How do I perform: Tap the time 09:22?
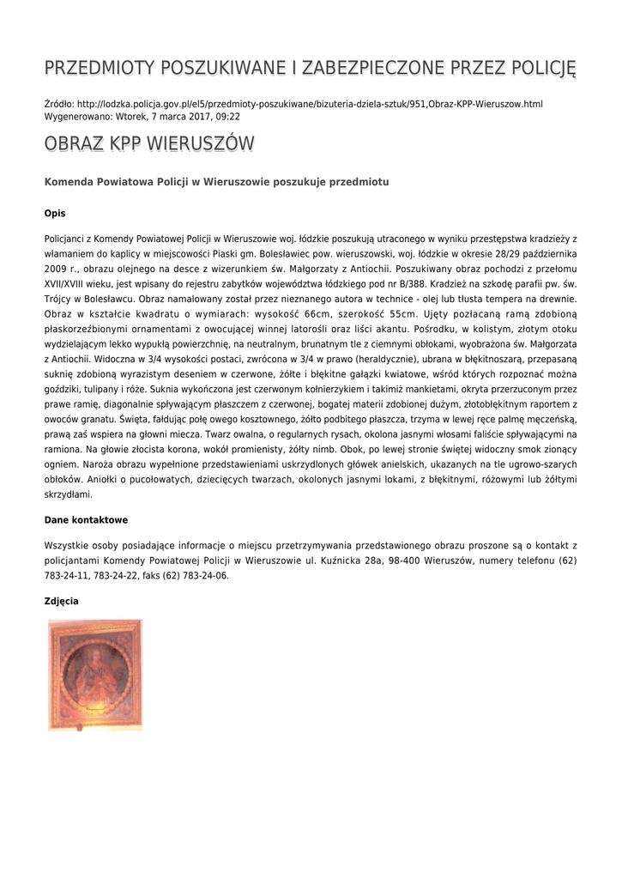(226, 116)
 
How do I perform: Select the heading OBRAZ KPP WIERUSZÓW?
(149, 143)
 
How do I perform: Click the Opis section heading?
(55, 213)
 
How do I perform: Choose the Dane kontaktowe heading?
(86, 520)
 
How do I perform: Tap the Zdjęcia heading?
(61, 601)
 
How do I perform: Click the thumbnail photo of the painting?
(95, 675)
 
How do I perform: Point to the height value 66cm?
(313, 314)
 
